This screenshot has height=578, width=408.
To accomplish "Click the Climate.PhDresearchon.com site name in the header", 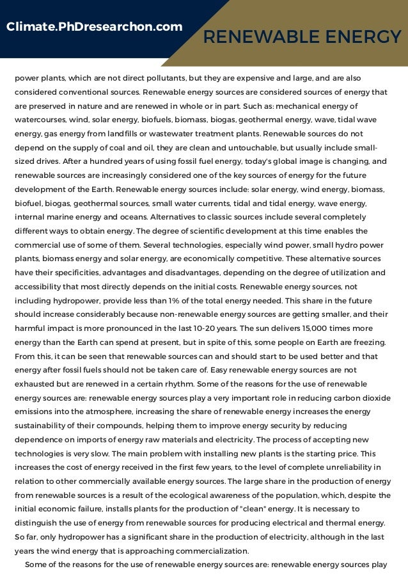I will point(94,26).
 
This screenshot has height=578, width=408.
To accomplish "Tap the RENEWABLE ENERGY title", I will point(302,38).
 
